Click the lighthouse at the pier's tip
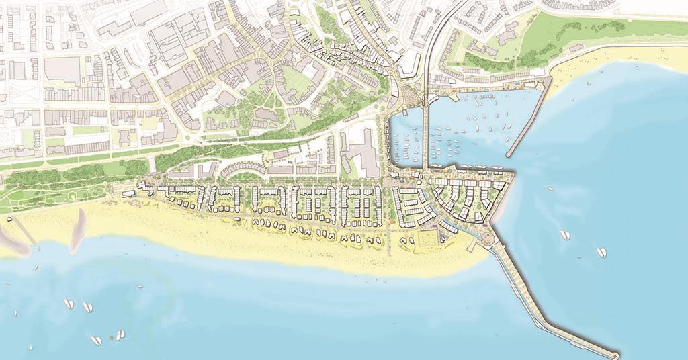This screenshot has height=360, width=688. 616,354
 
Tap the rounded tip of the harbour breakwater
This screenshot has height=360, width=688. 508,154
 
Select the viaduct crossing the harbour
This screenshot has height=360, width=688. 425,134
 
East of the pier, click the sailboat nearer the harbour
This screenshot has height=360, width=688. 565,234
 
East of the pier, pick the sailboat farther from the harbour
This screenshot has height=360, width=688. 601,253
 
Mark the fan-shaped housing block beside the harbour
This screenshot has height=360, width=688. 467,198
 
